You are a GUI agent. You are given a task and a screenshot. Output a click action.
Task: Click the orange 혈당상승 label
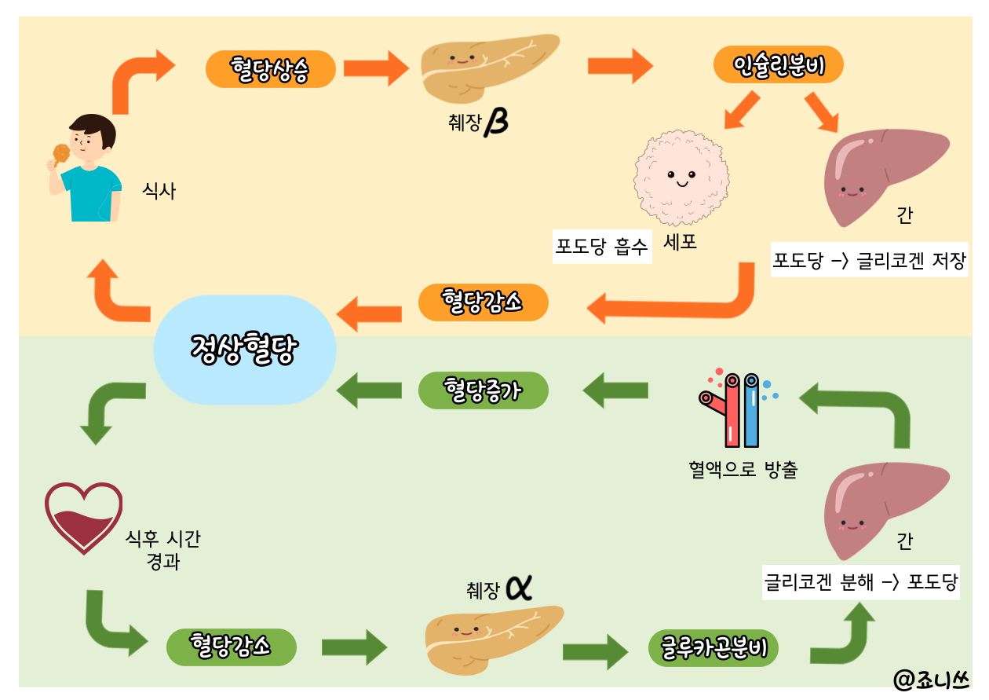click(x=271, y=70)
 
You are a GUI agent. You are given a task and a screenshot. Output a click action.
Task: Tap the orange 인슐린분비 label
click(x=778, y=64)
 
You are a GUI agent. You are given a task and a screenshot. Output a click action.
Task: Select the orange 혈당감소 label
click(x=482, y=302)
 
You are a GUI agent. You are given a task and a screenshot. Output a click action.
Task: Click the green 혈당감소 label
click(x=232, y=647)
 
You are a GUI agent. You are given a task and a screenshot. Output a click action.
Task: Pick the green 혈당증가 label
click(x=482, y=390)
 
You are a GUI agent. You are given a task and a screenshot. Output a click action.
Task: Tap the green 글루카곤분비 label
click(x=713, y=648)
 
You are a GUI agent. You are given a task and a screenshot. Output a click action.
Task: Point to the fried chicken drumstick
click(x=60, y=153)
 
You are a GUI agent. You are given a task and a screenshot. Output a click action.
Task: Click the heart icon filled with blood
click(x=83, y=518)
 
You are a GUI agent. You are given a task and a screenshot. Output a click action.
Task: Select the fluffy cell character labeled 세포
click(x=681, y=179)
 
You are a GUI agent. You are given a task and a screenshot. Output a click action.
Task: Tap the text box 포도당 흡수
click(x=602, y=247)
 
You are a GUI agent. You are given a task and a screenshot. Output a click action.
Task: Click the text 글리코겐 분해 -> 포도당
click(x=861, y=583)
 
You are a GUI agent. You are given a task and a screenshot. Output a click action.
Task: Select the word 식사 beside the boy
click(x=159, y=191)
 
